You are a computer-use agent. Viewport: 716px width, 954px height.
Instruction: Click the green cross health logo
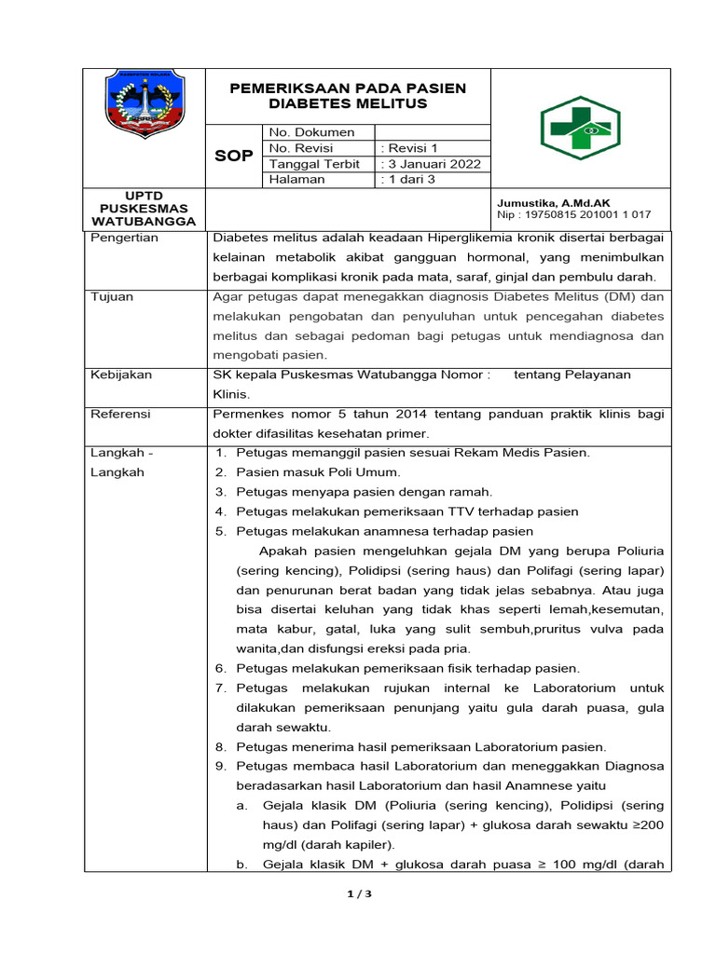tap(580, 128)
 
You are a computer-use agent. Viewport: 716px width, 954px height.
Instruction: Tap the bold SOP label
tap(233, 156)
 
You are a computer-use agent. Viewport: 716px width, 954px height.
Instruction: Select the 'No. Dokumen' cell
tap(311, 132)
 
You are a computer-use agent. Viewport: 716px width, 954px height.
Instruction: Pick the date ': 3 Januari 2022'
tap(431, 164)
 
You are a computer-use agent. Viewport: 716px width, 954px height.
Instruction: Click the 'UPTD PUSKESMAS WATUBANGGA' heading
tap(144, 209)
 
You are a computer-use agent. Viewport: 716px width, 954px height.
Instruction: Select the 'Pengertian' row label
tap(125, 238)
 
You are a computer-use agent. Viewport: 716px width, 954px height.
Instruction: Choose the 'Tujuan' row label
tap(112, 297)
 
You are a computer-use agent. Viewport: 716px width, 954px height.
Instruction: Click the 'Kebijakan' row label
tap(122, 375)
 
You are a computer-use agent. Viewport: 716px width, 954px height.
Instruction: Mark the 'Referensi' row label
tap(120, 414)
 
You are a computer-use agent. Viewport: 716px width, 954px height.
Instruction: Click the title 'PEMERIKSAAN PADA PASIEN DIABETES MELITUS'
tap(348, 96)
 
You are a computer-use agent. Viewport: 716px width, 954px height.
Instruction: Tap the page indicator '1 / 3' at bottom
tap(358, 894)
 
